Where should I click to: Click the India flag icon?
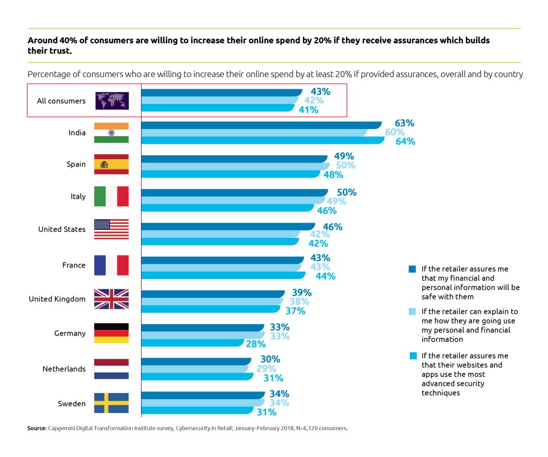(111, 132)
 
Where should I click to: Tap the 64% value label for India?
(405, 141)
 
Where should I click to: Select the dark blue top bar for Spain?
(234, 158)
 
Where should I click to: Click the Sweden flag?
(111, 403)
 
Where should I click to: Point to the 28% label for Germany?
(256, 344)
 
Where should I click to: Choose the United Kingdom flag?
(111, 299)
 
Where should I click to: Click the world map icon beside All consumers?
(111, 101)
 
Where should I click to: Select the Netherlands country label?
(64, 369)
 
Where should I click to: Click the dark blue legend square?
(412, 268)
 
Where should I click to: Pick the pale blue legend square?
(412, 312)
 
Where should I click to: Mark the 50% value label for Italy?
(346, 192)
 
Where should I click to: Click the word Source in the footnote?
(36, 428)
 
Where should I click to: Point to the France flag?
(111, 265)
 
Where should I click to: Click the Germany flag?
(111, 333)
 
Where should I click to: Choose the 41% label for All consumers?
(308, 110)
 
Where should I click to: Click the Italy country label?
(78, 196)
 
